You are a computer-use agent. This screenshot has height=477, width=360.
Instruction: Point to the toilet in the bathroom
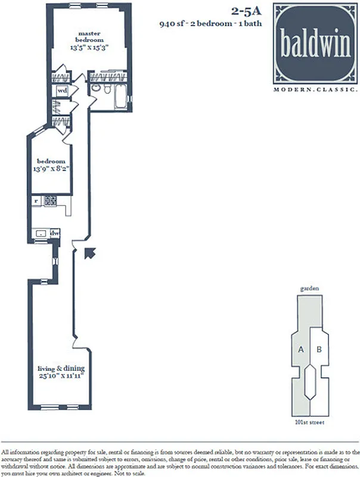point(105,89)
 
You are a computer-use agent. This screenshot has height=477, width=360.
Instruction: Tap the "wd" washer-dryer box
point(61,91)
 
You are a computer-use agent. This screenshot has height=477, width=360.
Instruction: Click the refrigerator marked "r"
point(37,201)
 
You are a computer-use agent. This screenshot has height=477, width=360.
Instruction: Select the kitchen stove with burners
point(51,201)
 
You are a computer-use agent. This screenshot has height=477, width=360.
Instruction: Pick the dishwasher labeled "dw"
point(54,233)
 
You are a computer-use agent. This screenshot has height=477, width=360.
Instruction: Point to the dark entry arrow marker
point(89,254)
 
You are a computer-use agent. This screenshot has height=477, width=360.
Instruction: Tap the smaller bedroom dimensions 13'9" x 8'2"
point(52,169)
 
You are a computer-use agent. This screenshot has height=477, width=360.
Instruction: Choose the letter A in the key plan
point(301,351)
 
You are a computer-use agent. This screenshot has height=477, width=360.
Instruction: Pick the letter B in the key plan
point(319,351)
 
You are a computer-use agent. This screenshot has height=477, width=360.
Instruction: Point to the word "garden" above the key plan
point(310,288)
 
